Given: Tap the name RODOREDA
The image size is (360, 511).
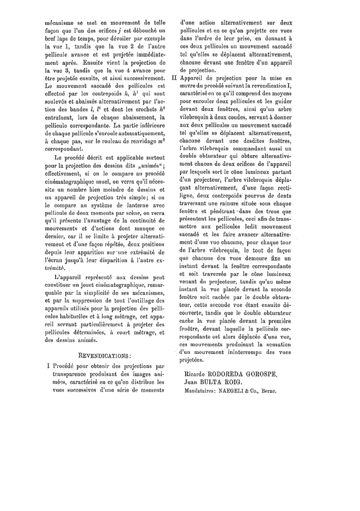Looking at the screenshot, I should tap(218, 374).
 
